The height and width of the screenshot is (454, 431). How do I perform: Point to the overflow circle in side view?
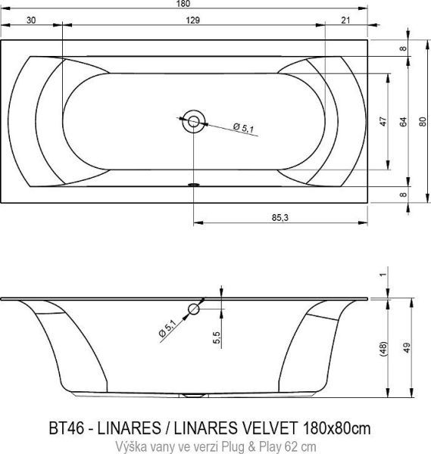[x=194, y=309]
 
